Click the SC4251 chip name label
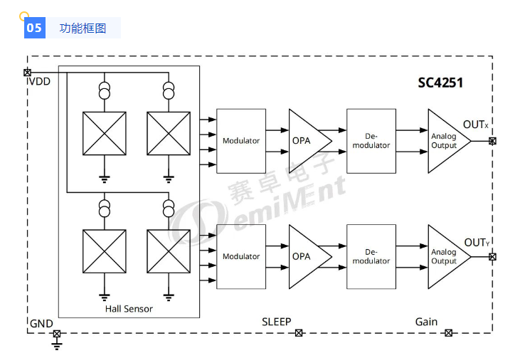coord(440,83)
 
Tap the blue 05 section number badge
coord(33,28)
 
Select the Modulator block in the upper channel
coord(241,141)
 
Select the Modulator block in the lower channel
coord(241,256)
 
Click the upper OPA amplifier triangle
coord(306,141)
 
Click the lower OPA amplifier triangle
coord(306,256)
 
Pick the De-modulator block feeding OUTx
coord(371,141)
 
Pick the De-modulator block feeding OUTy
coord(371,256)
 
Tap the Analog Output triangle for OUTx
coord(445,141)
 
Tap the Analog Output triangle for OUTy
coord(445,256)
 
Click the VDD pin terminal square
coord(28,73)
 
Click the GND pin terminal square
coord(57,333)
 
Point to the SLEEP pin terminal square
coord(299,332)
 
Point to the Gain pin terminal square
coord(448,332)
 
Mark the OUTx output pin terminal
coord(492,141)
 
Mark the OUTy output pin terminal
coord(492,256)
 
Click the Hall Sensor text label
coord(129,309)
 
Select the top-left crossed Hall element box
coord(105,133)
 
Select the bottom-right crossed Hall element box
coord(168,250)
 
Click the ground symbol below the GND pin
coord(57,346)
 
